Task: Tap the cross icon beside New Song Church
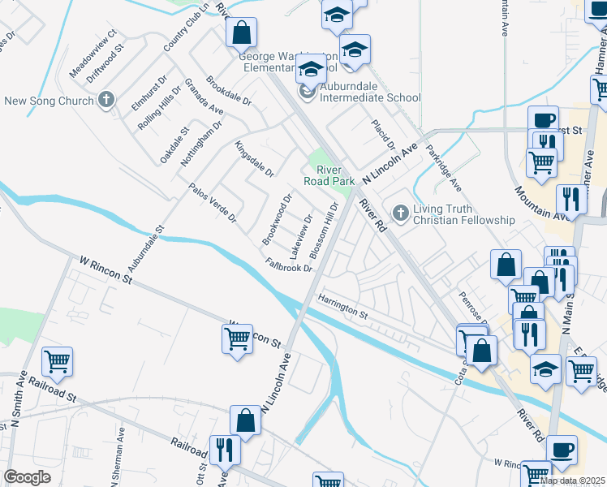(x=105, y=101)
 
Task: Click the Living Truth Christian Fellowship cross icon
(x=399, y=213)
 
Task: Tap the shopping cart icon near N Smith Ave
(x=58, y=362)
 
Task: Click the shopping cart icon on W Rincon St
(x=237, y=338)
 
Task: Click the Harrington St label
(x=343, y=307)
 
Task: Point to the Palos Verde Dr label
(x=212, y=203)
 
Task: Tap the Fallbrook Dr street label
(x=289, y=265)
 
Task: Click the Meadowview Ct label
(x=93, y=54)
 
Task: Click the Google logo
(x=27, y=477)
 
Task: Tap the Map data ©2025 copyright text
(x=573, y=481)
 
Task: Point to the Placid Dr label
(x=382, y=135)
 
